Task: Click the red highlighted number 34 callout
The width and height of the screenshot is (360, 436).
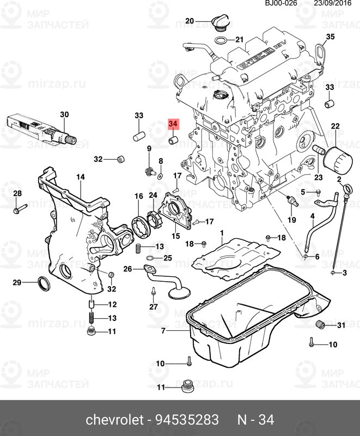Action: (174, 125)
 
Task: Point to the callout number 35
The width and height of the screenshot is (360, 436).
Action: (328, 37)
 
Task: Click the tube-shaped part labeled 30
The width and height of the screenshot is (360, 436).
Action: (41, 129)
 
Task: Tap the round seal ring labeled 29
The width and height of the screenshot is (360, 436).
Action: (42, 282)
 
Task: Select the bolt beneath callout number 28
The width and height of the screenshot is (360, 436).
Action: (17, 208)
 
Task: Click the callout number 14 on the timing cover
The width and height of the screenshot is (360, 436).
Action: (81, 177)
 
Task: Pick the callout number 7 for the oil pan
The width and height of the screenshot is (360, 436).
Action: (163, 331)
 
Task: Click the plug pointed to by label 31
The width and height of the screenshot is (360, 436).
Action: (321, 325)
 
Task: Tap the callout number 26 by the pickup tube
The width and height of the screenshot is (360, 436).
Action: (127, 269)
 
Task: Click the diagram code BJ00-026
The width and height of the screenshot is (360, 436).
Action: (281, 3)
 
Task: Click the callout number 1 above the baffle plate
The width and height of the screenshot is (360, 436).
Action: (222, 233)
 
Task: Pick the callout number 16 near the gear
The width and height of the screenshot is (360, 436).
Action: (138, 196)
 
